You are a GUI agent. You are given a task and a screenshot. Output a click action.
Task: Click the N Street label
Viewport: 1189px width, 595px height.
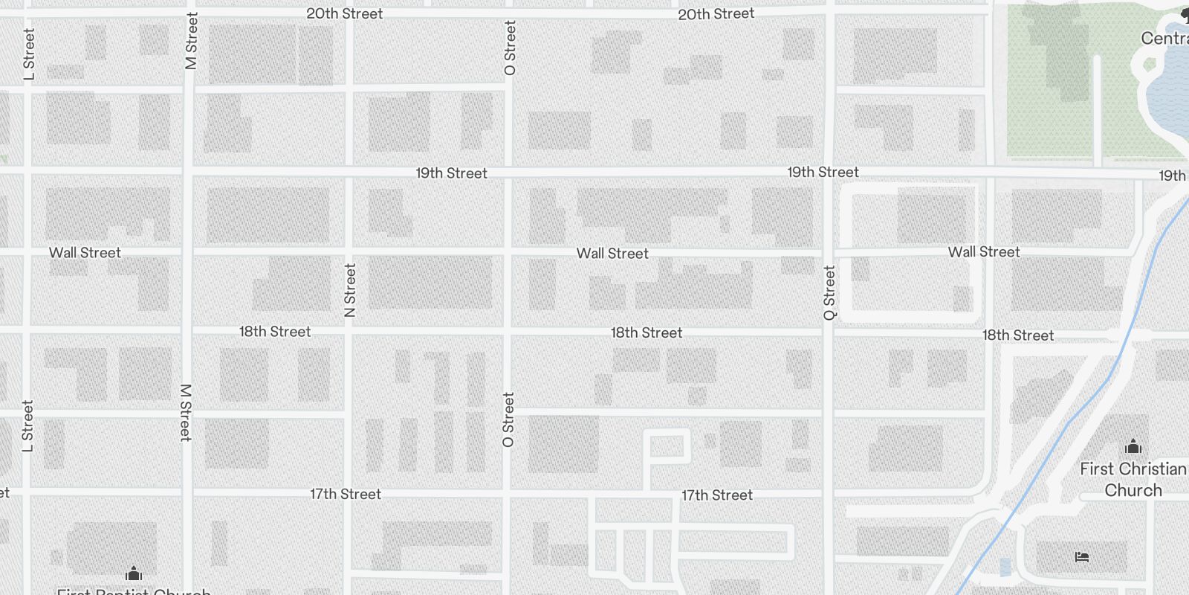tap(350, 290)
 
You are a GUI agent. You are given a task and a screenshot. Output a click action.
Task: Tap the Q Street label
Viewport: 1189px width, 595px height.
tap(829, 293)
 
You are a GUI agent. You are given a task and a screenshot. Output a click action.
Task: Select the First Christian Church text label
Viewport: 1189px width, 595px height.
tap(1133, 479)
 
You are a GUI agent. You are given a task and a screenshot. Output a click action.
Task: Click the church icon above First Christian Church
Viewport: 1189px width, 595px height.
tap(1133, 446)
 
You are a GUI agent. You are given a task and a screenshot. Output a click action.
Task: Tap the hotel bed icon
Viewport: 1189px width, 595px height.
tap(1082, 556)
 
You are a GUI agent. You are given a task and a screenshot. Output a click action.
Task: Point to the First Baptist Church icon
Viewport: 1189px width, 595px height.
tap(134, 573)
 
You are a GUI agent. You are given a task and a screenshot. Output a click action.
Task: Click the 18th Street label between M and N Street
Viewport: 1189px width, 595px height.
tap(275, 332)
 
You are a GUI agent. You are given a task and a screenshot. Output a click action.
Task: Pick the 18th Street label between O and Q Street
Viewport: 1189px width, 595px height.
tap(647, 332)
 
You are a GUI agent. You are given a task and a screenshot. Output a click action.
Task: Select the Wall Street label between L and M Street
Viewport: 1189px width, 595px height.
tap(85, 253)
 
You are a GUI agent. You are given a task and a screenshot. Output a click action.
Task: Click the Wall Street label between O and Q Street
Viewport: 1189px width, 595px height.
tap(612, 254)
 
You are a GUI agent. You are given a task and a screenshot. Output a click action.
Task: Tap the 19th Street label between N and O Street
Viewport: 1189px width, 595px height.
tap(451, 173)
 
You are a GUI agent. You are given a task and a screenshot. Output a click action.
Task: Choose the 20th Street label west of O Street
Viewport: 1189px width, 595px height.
tap(345, 13)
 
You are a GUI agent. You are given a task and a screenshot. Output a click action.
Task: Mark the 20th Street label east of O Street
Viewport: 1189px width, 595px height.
tap(716, 13)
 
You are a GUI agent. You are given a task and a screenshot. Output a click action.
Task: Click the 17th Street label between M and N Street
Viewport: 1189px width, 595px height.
tap(346, 494)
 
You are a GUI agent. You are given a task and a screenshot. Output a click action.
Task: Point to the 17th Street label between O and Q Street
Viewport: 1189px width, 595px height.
tap(717, 495)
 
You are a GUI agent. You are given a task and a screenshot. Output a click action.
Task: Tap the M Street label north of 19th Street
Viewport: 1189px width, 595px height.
tap(192, 42)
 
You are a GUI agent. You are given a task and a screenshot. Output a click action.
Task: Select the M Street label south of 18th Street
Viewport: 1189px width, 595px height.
tap(186, 412)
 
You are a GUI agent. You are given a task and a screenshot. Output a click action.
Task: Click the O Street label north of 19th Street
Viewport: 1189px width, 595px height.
tap(510, 48)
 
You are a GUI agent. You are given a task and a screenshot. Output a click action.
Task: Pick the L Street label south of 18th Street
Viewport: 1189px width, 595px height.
tap(27, 426)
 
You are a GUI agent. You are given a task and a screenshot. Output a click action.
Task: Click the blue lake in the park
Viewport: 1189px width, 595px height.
tap(1170, 97)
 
